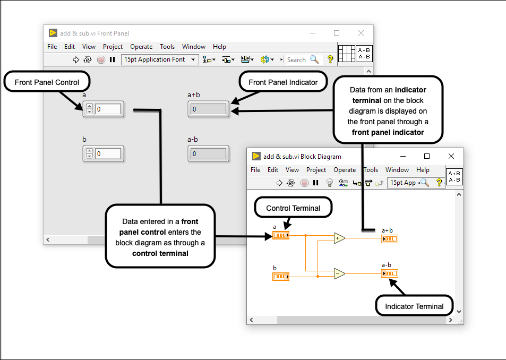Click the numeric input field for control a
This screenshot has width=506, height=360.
point(108,109)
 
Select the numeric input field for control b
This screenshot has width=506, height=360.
point(108,154)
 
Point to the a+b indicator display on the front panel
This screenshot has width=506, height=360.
point(208,109)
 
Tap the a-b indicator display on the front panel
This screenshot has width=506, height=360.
point(208,154)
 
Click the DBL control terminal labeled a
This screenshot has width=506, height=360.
point(281,235)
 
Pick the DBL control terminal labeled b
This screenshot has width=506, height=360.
point(281,276)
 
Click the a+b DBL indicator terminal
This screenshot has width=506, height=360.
point(389,239)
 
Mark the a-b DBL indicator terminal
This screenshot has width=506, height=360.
point(389,273)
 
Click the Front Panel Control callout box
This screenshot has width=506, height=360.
point(47,82)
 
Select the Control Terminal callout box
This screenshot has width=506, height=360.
point(293,208)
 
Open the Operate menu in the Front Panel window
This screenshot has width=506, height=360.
point(141,47)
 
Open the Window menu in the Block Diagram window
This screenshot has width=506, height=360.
point(397,170)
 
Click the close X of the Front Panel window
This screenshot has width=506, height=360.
point(361,33)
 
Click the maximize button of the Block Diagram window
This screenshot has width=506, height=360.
point(426,156)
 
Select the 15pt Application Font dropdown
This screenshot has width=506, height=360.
point(160,59)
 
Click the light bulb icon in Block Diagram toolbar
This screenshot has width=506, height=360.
point(329,183)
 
